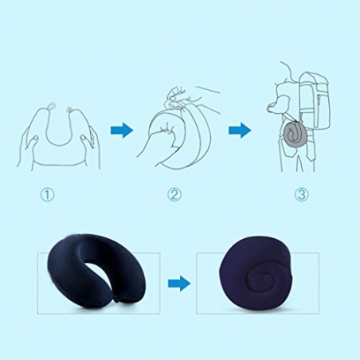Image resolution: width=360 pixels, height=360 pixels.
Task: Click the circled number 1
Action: (x=47, y=194)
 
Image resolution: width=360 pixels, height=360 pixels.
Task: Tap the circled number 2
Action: (x=174, y=194)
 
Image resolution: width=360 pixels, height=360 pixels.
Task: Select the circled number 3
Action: (x=301, y=194)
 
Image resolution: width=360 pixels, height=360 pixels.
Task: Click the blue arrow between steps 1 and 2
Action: (x=122, y=131)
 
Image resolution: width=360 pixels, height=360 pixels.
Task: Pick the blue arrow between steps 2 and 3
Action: (x=240, y=131)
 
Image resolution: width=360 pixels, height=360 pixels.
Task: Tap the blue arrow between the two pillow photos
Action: (x=179, y=284)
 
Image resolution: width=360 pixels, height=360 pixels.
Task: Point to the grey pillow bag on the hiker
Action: (x=295, y=135)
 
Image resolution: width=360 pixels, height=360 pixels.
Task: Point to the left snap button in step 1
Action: (x=52, y=105)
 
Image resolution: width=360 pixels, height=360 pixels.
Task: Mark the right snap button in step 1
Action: (x=70, y=109)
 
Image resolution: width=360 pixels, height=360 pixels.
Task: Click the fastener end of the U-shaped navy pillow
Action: (x=119, y=300)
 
